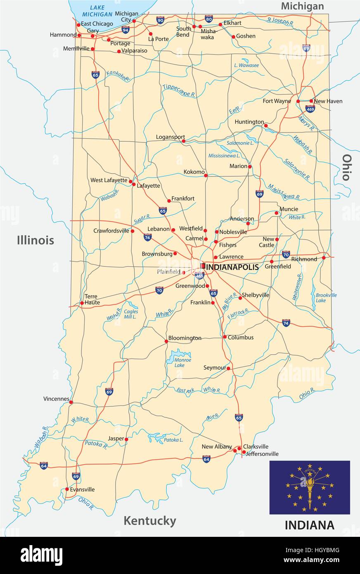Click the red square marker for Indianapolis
click(203, 266)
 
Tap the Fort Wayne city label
click(277, 101)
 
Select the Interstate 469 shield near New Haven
click(310, 109)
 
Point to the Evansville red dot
click(67, 489)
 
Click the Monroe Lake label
click(182, 363)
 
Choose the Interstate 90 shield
click(160, 20)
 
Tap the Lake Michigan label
click(97, 11)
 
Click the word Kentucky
click(150, 521)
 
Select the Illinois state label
click(36, 240)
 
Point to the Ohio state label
click(346, 167)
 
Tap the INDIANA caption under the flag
click(309, 525)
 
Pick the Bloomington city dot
click(166, 341)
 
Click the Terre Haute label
click(92, 299)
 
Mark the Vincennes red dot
click(71, 402)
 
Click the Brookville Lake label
click(326, 298)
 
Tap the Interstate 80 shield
click(208, 19)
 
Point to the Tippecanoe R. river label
click(179, 91)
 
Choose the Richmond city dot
click(324, 258)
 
